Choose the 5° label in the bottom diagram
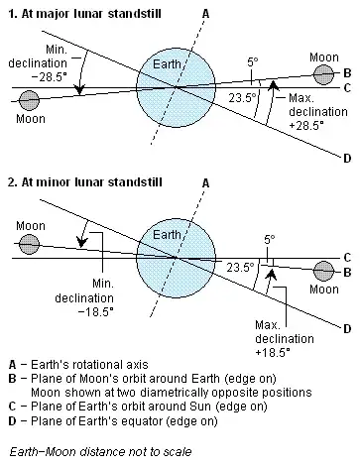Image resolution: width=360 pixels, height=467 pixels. (x=270, y=239)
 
